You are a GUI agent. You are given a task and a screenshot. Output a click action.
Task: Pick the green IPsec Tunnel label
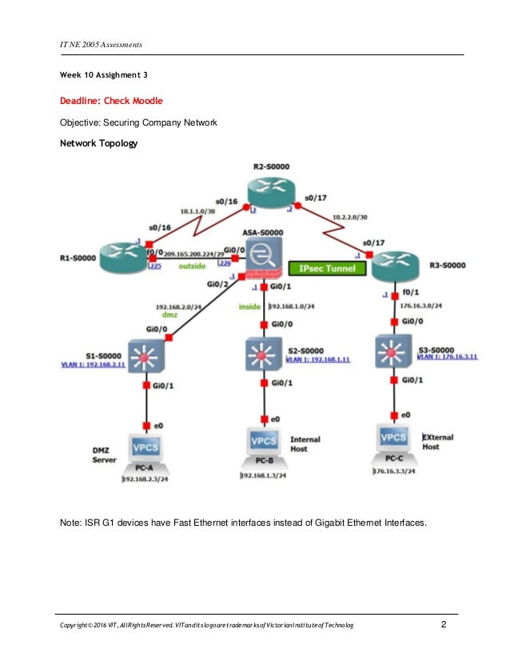326,269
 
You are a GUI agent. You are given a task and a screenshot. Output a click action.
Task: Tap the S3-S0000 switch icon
394,350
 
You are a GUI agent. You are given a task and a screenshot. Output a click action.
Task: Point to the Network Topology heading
99,145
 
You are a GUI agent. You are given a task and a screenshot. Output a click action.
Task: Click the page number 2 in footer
444,623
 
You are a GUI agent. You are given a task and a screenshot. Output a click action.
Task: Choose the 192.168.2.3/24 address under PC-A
147,479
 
